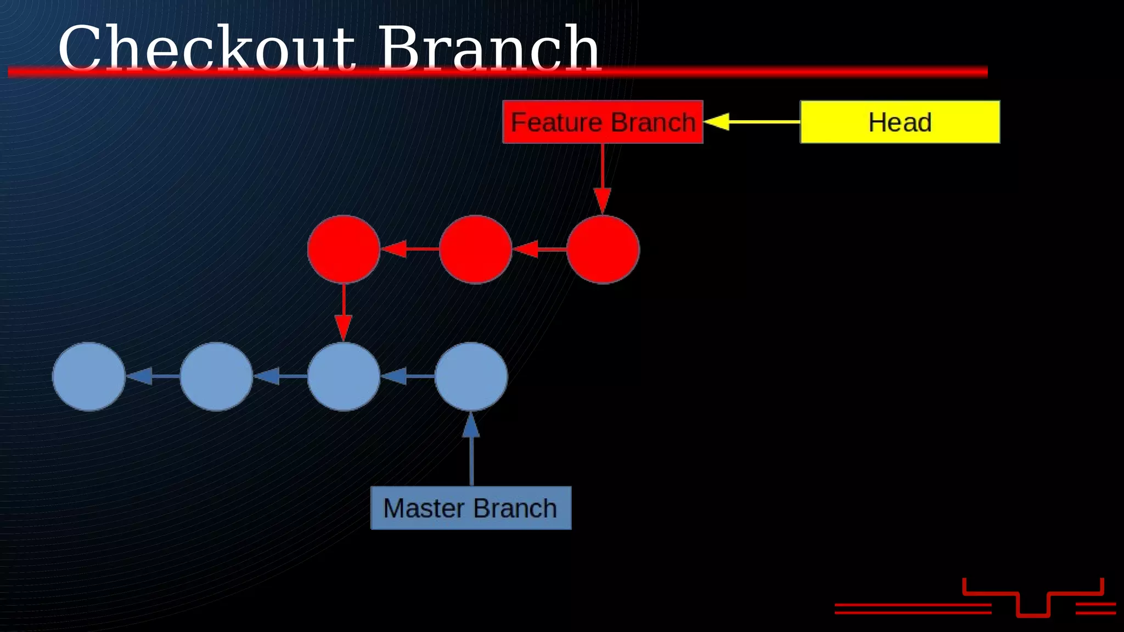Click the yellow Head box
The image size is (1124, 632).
[900, 122]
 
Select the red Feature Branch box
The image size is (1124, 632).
[603, 122]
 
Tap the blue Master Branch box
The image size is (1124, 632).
[471, 508]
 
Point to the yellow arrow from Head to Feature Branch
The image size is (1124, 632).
[752, 122]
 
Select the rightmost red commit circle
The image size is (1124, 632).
[603, 249]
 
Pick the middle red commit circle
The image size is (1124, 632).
[475, 249]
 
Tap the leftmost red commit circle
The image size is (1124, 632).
[344, 249]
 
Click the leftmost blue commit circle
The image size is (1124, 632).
[88, 376]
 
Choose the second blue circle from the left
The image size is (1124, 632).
[216, 376]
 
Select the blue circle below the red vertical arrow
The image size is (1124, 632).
[344, 376]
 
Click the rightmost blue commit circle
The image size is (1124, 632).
[471, 376]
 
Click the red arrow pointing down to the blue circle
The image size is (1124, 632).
[344, 313]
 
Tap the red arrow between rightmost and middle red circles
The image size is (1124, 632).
[539, 249]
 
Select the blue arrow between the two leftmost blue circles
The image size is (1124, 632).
[153, 376]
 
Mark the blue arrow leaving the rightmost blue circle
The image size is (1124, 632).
[407, 376]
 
